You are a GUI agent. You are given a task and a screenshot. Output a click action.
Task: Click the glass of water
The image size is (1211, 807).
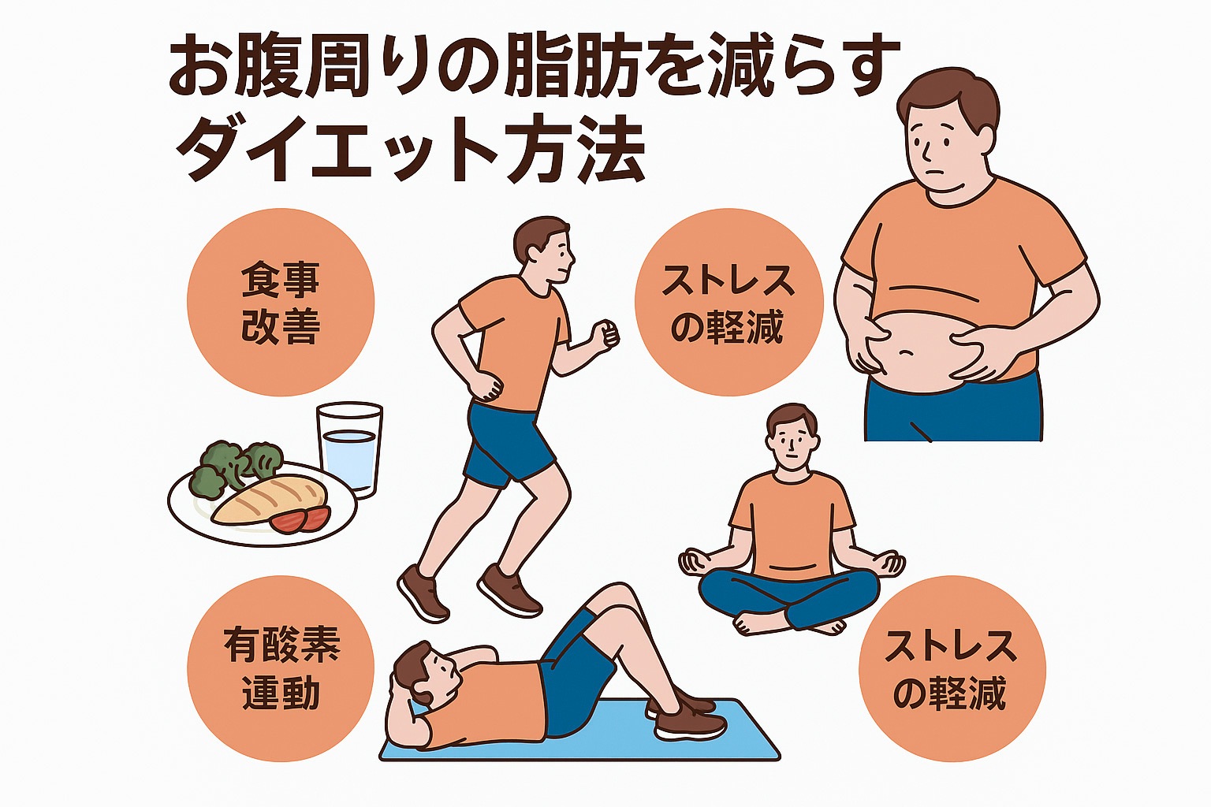[x=349, y=448]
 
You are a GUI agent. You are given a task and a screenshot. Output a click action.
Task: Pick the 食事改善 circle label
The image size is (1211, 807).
[x=281, y=302]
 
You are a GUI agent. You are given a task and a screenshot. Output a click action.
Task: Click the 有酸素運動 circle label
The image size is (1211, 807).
[x=281, y=668]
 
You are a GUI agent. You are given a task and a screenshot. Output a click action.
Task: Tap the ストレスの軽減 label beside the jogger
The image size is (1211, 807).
[x=728, y=302]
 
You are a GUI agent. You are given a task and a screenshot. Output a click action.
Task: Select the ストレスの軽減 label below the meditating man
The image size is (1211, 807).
[x=952, y=668]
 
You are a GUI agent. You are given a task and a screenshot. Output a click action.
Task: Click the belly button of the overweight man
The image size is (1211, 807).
[x=907, y=352]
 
